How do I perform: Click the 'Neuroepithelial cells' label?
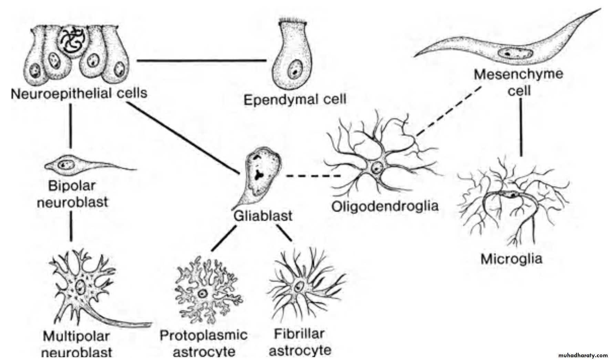pyautogui.click(x=79, y=93)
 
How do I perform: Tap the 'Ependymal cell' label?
pyautogui.click(x=295, y=100)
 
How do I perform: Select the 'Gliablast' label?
pyautogui.click(x=263, y=216)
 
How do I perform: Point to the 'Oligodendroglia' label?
pyautogui.click(x=385, y=206)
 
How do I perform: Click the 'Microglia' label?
pyautogui.click(x=511, y=259)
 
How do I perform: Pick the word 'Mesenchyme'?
pyautogui.click(x=518, y=74)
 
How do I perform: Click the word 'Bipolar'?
pyautogui.click(x=72, y=186)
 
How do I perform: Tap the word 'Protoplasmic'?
pyautogui.click(x=204, y=335)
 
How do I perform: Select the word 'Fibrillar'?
pyautogui.click(x=299, y=333)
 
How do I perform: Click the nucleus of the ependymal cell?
pyautogui.click(x=294, y=69)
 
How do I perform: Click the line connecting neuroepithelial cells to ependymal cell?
pyautogui.click(x=201, y=61)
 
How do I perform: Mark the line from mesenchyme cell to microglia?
pyautogui.click(x=521, y=127)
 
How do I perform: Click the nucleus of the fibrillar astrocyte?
pyautogui.click(x=299, y=286)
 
